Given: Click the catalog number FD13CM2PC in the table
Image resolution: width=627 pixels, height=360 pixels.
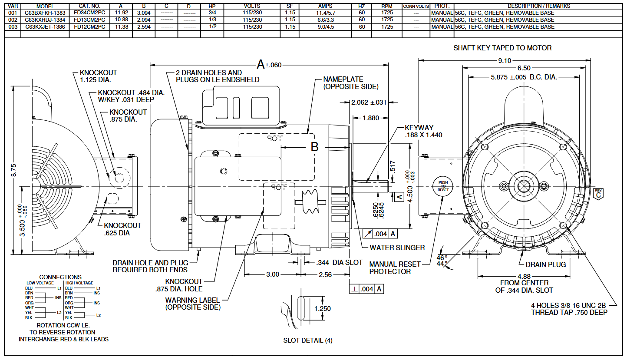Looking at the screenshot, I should (x=89, y=20).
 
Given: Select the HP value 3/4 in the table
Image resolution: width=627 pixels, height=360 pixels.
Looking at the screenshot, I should (x=211, y=13).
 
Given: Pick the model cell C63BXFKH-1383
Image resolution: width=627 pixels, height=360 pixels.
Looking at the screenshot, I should (x=45, y=13).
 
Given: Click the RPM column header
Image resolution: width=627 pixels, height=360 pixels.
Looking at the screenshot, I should (x=386, y=7).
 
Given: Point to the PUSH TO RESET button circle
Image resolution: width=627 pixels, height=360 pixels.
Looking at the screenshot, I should (x=443, y=186).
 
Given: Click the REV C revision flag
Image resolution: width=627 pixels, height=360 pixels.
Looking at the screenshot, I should (x=598, y=193).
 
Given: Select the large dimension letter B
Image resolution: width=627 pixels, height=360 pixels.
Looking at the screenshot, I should (x=315, y=147).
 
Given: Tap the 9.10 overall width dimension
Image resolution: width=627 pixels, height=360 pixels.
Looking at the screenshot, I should (x=505, y=60).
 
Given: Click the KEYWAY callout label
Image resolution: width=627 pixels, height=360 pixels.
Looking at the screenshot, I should (x=419, y=128).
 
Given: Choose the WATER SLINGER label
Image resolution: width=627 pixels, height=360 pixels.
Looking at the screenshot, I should (x=397, y=248).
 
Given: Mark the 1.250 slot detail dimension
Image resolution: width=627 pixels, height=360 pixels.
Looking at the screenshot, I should (x=322, y=309).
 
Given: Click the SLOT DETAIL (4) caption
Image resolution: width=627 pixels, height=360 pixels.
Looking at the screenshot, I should (x=308, y=340).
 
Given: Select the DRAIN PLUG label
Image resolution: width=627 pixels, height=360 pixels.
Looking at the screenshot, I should (x=545, y=264).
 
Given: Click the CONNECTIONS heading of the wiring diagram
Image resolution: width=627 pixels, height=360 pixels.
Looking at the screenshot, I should (x=60, y=277).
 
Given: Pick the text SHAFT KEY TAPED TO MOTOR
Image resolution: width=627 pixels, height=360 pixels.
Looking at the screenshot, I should (x=502, y=48).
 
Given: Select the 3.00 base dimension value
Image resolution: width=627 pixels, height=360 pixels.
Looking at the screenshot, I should (x=273, y=274).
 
